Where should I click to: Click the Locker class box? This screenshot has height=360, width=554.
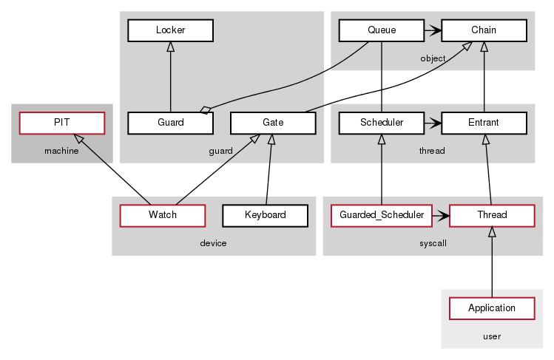(x=170, y=30)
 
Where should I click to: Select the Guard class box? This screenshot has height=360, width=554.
(x=170, y=123)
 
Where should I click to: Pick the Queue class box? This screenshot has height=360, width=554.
(x=381, y=30)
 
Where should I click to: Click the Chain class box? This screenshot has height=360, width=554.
(x=484, y=30)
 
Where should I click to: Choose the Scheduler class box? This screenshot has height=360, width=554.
(x=381, y=123)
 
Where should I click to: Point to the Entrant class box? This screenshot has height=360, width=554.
(x=484, y=123)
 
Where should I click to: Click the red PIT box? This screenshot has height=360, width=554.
(x=61, y=123)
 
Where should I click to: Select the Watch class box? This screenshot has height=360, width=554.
(x=162, y=215)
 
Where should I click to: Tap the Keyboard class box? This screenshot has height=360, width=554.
(x=265, y=215)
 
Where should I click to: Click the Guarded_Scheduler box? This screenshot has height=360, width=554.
(x=381, y=215)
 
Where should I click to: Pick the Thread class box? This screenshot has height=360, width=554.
(x=492, y=215)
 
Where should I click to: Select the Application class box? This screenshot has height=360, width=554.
(x=492, y=308)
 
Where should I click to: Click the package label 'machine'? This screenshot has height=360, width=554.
(x=61, y=151)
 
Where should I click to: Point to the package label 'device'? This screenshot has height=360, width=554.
(x=213, y=243)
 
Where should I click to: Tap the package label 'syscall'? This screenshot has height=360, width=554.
(x=433, y=243)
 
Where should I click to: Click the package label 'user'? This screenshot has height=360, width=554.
(x=492, y=336)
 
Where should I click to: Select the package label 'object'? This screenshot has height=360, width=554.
(x=433, y=58)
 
